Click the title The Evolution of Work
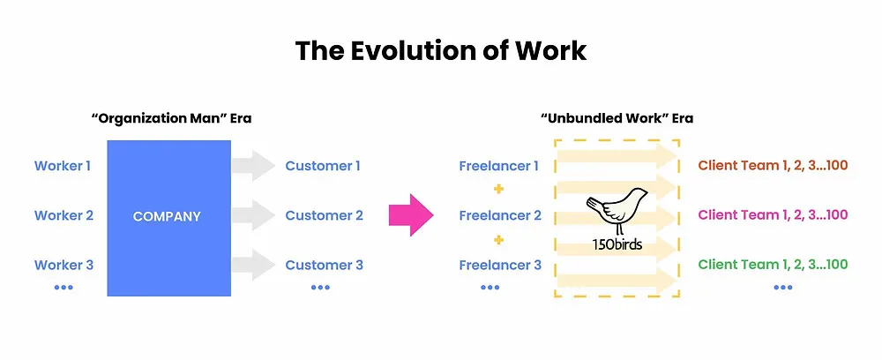[x=441, y=50]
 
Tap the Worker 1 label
[x=63, y=166]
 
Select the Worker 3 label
[x=64, y=265]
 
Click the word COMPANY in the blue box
[x=167, y=216]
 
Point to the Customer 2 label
[x=324, y=215]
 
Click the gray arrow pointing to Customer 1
[x=252, y=165]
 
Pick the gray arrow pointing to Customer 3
[x=252, y=265]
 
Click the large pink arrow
[x=411, y=215]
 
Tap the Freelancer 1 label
[x=498, y=166]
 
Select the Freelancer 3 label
[x=500, y=265]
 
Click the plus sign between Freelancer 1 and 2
[x=497, y=190]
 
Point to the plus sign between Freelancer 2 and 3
[x=497, y=240]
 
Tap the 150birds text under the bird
[x=617, y=244]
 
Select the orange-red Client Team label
[x=773, y=165]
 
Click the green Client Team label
[x=773, y=265]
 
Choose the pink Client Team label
[x=773, y=215]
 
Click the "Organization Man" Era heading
[x=171, y=119]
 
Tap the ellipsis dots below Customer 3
[x=321, y=288]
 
